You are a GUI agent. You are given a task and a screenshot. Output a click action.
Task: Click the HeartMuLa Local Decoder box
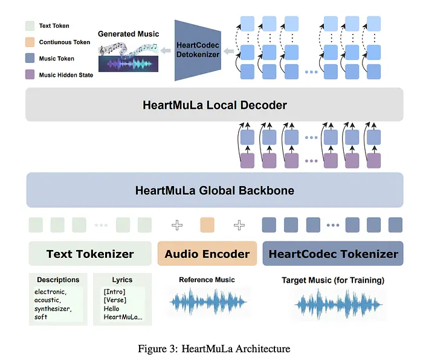coord(214,104)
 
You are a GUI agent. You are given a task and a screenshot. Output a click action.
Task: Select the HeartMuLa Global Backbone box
coord(214,190)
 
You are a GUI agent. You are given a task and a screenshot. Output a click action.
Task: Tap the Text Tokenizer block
coord(90,254)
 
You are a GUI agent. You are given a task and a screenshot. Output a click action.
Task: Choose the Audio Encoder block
coord(207,254)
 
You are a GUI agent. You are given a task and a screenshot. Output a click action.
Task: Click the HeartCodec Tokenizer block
coord(333,254)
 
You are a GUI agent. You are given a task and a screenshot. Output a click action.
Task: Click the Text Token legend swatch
coord(29,26)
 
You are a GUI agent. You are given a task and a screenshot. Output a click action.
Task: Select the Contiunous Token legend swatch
coord(29,42)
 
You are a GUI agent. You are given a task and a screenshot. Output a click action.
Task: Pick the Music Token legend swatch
coord(29,59)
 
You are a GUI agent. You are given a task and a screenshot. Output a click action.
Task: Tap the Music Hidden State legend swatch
coord(29,75)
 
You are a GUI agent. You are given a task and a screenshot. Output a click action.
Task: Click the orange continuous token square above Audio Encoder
coord(207,225)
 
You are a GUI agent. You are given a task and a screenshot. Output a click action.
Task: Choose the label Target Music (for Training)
coord(333,280)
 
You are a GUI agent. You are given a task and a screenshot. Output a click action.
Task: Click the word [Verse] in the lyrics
coord(115,300)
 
